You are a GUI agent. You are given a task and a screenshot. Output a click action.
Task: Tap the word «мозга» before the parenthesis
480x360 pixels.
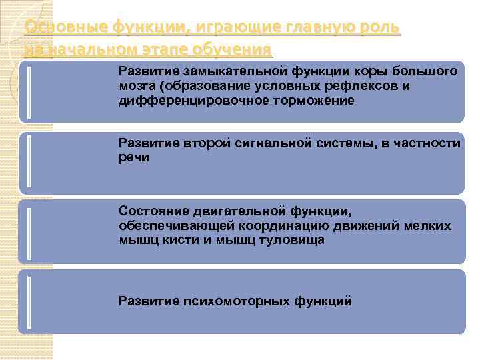point(137,85)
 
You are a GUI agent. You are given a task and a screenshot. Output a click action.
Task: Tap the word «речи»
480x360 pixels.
point(134,157)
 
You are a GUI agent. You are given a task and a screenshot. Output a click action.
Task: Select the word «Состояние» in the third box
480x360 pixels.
point(151,211)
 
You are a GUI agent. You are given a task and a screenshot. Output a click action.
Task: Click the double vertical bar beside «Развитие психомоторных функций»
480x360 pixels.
point(29,301)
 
